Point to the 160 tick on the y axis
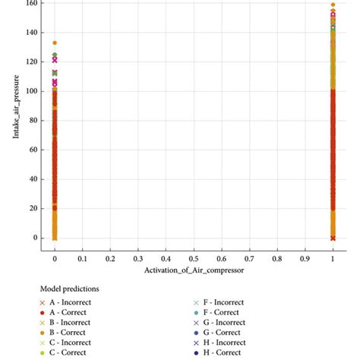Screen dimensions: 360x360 pos(28,3)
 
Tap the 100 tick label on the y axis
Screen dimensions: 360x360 pos(28,91)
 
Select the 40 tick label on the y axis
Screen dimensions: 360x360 pos(30,179)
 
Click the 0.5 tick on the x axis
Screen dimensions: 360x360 pos(194,258)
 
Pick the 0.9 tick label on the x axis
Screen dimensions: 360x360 pos(305,258)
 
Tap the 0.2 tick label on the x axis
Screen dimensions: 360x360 pos(110,258)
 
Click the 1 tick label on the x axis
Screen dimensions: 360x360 pos(333,258)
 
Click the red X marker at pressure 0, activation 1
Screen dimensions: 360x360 pos(333,238)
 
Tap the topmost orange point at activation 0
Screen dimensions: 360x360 pos(55,43)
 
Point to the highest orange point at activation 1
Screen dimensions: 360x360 pos(333,5)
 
